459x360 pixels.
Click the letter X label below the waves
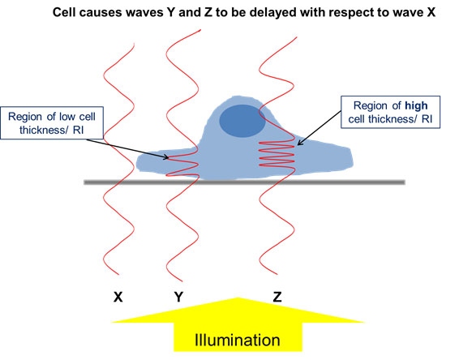[118, 297]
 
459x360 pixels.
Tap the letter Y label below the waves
[179, 297]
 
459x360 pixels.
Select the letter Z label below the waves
[277, 297]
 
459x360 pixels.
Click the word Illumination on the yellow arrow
[237, 340]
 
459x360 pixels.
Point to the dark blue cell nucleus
[242, 121]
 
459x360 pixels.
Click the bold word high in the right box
[416, 105]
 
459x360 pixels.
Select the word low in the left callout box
[64, 117]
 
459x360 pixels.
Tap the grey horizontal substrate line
[244, 182]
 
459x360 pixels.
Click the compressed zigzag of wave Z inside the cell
[277, 154]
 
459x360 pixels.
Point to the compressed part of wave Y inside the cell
[182, 166]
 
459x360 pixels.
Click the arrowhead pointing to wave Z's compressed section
[299, 144]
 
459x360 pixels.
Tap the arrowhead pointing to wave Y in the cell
[165, 157]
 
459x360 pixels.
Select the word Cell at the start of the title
[63, 12]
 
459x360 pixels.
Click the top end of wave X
[134, 44]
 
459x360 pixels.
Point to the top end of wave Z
[297, 37]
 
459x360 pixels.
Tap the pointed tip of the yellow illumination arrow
[238, 298]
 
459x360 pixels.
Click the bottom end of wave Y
[182, 281]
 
